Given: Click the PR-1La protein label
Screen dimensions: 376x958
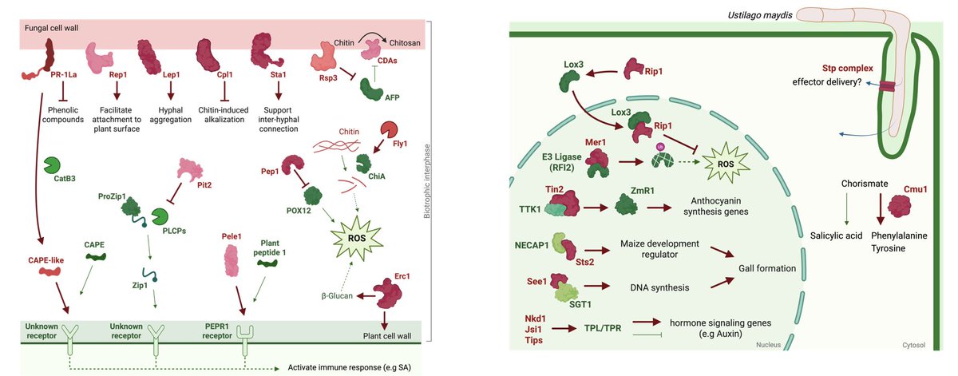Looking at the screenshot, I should pyautogui.click(x=41, y=74).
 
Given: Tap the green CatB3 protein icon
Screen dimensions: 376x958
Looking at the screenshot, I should pyautogui.click(x=54, y=164).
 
